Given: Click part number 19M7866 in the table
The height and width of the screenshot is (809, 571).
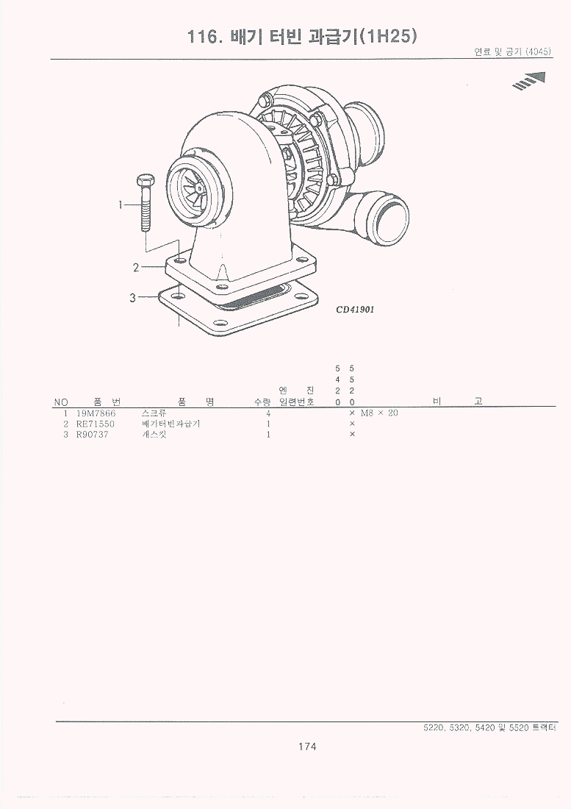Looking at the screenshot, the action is [x=96, y=413].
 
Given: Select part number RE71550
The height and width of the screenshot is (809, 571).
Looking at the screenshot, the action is [x=96, y=424].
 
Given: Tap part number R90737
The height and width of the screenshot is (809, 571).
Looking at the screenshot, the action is [x=93, y=435].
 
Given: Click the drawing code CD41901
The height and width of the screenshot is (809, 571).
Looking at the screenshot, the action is [x=355, y=310].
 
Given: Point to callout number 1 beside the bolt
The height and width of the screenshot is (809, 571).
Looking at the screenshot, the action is [x=121, y=205].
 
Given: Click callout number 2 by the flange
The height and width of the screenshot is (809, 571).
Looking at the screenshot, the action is [x=136, y=267].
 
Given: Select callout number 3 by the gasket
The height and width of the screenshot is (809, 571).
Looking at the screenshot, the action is [x=132, y=298].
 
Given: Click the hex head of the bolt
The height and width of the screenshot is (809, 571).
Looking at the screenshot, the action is [x=146, y=181].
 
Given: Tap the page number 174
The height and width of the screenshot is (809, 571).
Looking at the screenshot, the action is [x=307, y=746].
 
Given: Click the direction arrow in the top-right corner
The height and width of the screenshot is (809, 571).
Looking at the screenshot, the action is [x=528, y=81].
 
